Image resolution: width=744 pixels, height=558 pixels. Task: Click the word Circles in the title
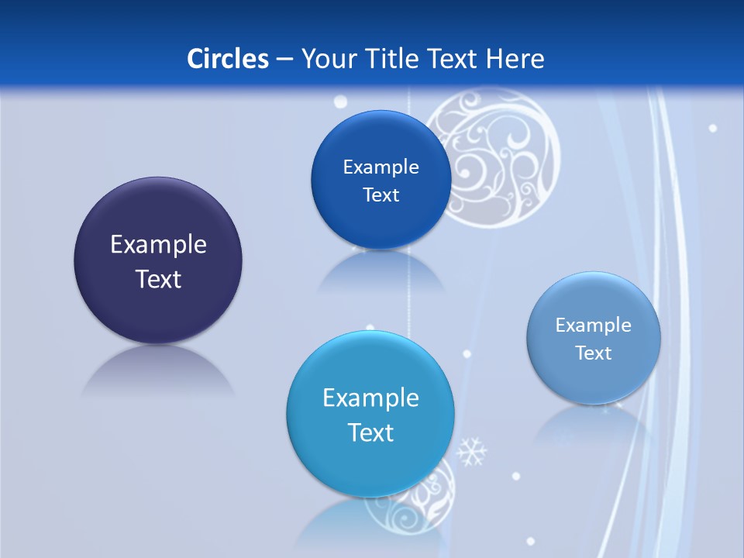[227, 59]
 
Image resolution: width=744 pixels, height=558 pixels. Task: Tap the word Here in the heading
[515, 59]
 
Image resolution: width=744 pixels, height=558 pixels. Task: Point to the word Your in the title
[327, 59]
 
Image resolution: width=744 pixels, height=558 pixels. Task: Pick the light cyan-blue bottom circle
[370, 469]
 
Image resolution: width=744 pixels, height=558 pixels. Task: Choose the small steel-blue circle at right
[594, 380]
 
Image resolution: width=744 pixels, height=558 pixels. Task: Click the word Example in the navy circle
[158, 245]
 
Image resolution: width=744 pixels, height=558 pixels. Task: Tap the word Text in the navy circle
[158, 280]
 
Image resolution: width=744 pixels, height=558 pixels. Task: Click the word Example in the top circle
[381, 167]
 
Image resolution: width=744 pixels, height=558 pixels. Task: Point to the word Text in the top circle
[381, 195]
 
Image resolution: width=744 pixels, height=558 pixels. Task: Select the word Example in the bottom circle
[370, 398]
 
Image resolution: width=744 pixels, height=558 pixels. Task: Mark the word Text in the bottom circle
[370, 432]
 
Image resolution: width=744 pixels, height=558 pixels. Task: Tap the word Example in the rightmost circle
[594, 325]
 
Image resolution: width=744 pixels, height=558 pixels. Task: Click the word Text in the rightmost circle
[594, 353]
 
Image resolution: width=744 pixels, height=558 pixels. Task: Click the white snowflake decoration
[471, 451]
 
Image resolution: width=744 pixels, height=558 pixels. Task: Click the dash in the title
[284, 59]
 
